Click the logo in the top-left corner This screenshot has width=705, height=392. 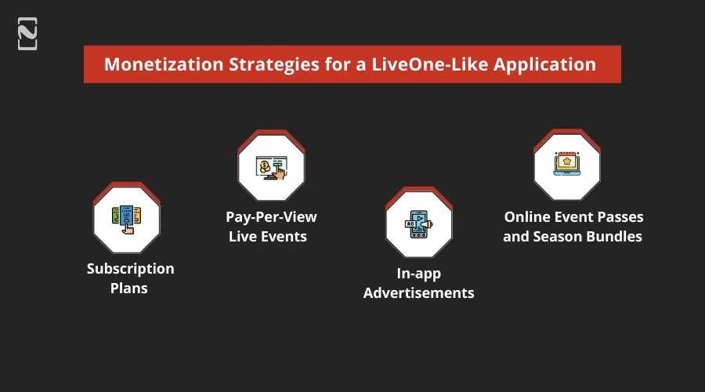(27, 34)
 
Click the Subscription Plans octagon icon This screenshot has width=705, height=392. (126, 219)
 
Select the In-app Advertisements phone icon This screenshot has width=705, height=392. (418, 224)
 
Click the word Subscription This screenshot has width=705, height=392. (131, 269)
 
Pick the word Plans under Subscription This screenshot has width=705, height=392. (129, 289)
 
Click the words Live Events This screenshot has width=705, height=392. (267, 236)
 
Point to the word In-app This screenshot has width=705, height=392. (419, 274)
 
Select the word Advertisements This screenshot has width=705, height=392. (419, 293)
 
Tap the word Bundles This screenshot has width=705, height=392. (613, 236)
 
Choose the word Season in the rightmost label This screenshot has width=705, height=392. (555, 236)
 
